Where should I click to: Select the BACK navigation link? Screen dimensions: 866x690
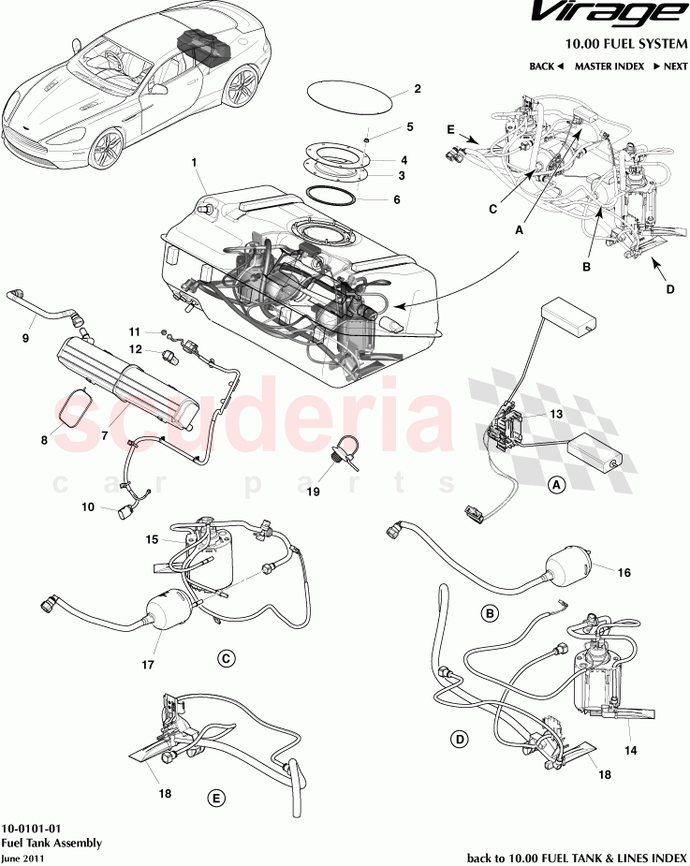[546, 66]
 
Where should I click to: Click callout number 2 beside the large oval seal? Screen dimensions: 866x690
[417, 90]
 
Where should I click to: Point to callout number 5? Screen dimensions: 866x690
[409, 126]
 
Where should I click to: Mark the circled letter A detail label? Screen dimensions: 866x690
[556, 485]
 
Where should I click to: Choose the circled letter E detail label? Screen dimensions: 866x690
[216, 798]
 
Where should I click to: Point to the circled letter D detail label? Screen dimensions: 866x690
[460, 740]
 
